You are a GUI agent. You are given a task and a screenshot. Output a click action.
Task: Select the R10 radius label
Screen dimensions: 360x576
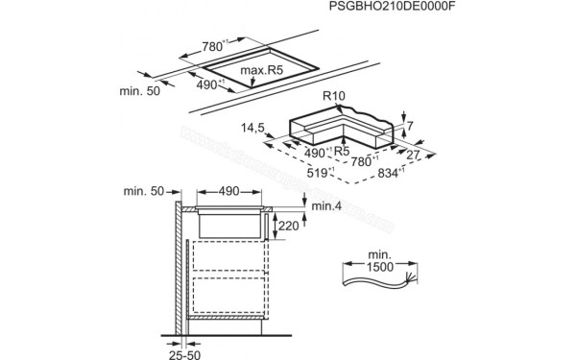click(x=335, y=96)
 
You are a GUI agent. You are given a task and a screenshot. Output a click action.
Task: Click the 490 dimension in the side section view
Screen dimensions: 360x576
click(x=228, y=192)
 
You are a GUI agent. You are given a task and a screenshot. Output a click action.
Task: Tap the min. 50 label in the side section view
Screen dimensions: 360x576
click(x=144, y=192)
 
